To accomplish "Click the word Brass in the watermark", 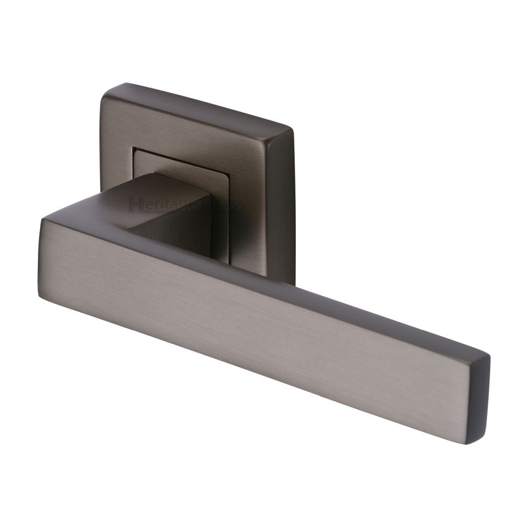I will point(227,205).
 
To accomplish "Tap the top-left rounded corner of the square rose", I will point(105,91).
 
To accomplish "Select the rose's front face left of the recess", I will point(115,158).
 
